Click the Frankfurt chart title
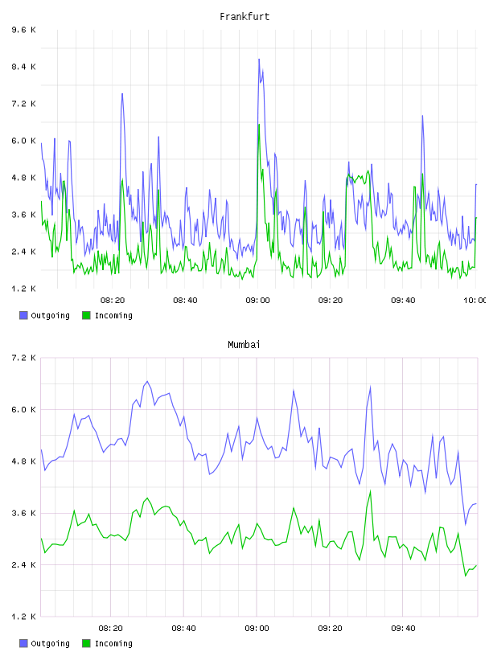[244, 17]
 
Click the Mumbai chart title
[244, 345]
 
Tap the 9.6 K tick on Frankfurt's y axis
[24, 30]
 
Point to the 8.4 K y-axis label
[24, 67]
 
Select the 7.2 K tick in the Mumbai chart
[24, 358]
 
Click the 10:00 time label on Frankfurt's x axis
[475, 301]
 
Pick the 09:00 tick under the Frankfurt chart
[258, 301]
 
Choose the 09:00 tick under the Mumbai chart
[257, 629]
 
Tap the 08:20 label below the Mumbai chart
[111, 629]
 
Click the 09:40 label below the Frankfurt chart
[403, 301]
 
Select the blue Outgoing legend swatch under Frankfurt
[23, 315]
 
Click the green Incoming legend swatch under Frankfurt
[86, 315]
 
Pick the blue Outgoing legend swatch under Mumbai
[23, 643]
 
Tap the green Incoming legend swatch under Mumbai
[86, 643]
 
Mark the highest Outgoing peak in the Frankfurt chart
[259, 59]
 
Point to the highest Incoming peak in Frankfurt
[259, 125]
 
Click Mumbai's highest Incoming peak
[370, 491]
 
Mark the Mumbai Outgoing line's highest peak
[147, 382]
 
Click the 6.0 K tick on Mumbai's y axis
[24, 410]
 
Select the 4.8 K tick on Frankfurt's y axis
[24, 178]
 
